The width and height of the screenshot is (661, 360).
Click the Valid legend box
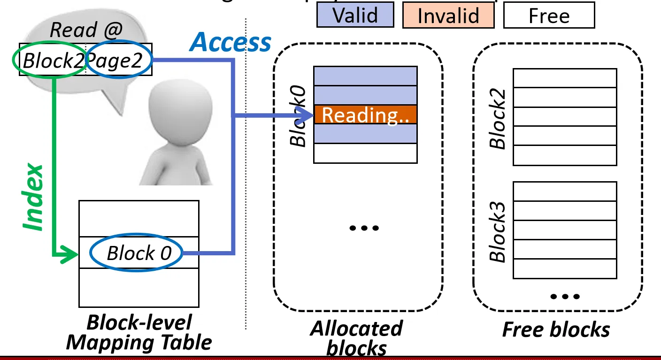pyautogui.click(x=355, y=15)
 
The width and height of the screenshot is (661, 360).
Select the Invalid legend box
pyautogui.click(x=448, y=16)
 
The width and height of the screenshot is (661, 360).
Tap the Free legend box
pyautogui.click(x=549, y=16)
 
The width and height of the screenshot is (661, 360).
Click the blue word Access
pyautogui.click(x=231, y=43)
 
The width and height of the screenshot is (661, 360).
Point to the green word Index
pyautogui.click(x=34, y=197)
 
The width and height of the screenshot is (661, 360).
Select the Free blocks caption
pyautogui.click(x=556, y=329)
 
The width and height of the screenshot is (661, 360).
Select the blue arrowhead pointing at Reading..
pyautogui.click(x=306, y=115)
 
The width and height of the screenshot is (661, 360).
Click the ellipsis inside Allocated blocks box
pyautogui.click(x=364, y=228)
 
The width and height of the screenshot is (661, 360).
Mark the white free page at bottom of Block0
pyautogui.click(x=365, y=153)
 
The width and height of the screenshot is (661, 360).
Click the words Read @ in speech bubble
pyautogui.click(x=86, y=31)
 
